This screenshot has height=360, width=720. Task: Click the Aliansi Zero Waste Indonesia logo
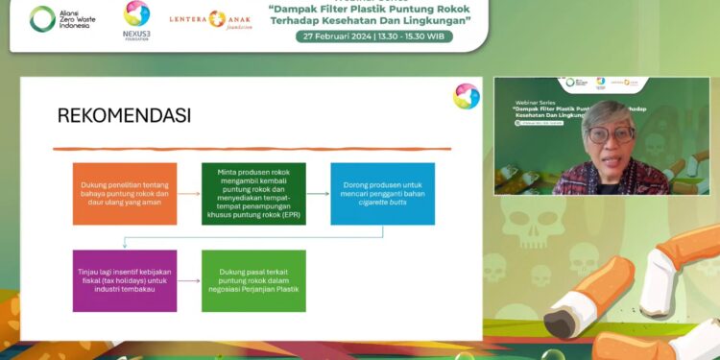coord(60,19)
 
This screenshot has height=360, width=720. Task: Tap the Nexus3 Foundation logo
coord(137,19)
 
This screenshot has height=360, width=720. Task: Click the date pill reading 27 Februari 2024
coord(373,36)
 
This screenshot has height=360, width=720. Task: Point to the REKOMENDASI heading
coord(124,116)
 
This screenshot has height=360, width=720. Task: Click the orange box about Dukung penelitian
coord(125,194)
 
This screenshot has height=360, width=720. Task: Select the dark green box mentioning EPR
coord(253,194)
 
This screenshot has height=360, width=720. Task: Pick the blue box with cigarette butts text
coord(382,194)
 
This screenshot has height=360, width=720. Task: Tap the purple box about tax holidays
coord(125,280)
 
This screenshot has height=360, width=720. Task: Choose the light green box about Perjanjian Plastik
coord(253,280)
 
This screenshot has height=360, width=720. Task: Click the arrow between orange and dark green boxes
coord(189,194)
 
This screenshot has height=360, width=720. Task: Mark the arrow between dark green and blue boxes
coord(318,194)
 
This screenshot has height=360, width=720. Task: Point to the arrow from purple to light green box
coord(189,280)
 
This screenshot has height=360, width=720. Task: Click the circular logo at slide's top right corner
coord(467,96)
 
